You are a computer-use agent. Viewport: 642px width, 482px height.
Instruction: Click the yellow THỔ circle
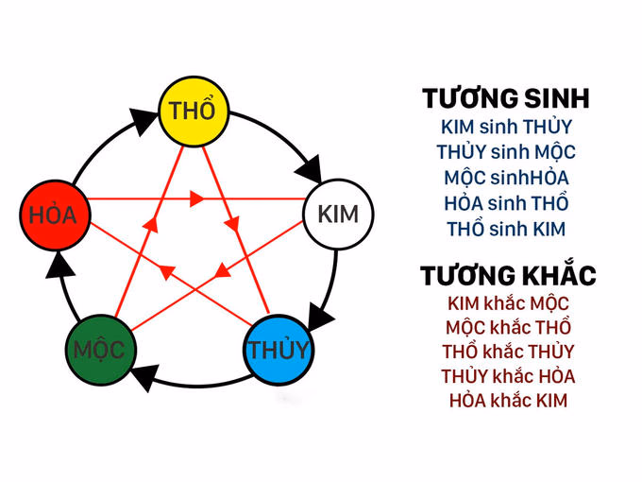pos(193,110)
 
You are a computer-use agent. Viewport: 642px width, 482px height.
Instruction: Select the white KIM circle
pos(337,214)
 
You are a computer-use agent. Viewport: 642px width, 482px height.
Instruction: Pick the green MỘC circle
pos(99,350)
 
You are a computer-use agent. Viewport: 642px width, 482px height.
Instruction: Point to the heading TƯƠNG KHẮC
pos(508,276)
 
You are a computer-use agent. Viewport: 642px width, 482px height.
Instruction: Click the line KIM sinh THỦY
pos(506,127)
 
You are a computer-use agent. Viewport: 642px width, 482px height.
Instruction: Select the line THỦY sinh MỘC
pos(506,152)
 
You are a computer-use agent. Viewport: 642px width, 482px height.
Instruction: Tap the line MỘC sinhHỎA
pos(506,178)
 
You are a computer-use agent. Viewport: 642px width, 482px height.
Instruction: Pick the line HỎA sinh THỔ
pos(506,203)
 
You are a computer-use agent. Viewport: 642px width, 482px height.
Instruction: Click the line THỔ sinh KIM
pos(506,229)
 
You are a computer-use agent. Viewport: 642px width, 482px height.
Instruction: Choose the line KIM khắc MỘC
pos(507,303)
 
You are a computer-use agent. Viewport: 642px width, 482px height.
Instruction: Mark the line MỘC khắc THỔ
pos(507,328)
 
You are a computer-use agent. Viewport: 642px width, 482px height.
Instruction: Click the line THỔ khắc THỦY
pos(507,353)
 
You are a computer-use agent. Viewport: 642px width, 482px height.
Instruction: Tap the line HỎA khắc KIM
pos(507,401)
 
